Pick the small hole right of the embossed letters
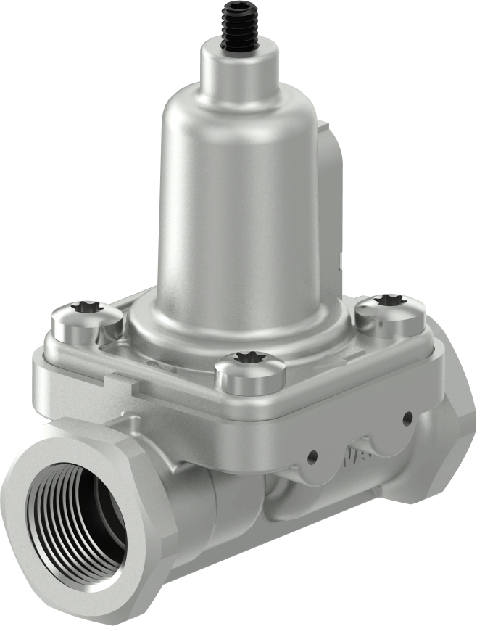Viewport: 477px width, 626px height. point(408,418)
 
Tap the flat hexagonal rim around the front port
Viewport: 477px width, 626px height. point(138,464)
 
